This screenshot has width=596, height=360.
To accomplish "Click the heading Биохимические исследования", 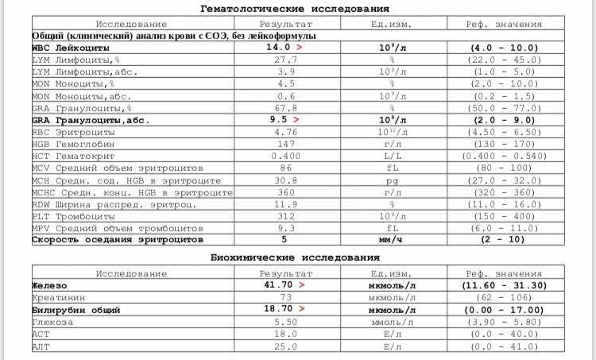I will [x=295, y=257].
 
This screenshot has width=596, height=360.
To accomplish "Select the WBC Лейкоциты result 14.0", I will [x=279, y=48].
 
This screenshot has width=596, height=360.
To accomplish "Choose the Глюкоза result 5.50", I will [x=284, y=322].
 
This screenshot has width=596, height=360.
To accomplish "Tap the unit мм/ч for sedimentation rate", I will [x=392, y=238].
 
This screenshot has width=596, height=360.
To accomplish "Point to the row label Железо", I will [x=49, y=284].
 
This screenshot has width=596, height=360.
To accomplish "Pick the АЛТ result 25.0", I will [x=284, y=346].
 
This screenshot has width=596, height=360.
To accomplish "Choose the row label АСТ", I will [x=41, y=335].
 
